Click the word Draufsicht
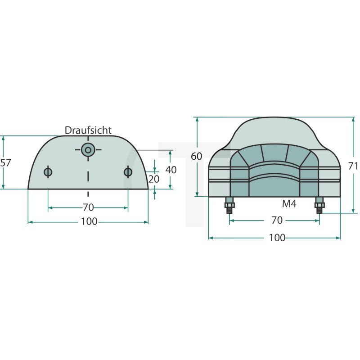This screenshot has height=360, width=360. (x=88, y=130)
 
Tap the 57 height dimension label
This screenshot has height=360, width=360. (x=5, y=163)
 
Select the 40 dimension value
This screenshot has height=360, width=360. (x=171, y=170)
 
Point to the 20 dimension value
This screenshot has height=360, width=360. (x=153, y=179)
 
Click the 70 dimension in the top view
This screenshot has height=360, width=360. (x=88, y=207)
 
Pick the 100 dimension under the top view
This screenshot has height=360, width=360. (x=89, y=221)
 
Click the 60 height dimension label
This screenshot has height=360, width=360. (x=196, y=156)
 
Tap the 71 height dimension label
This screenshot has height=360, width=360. (x=353, y=166)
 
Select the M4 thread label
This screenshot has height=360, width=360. (x=289, y=204)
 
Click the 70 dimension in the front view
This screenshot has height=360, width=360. (x=277, y=220)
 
